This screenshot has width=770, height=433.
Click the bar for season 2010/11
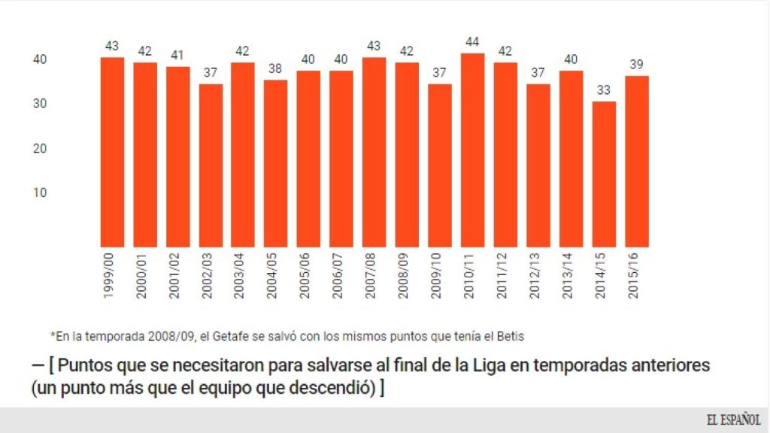(x=472, y=150)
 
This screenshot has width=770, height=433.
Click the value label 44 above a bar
(x=472, y=42)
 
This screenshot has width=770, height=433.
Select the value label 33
(x=604, y=90)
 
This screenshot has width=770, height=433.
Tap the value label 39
(x=636, y=65)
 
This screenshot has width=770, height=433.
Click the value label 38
(x=275, y=68)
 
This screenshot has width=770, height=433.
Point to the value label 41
(x=177, y=55)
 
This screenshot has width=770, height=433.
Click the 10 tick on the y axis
(x=40, y=192)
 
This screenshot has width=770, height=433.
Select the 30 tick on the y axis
(x=40, y=104)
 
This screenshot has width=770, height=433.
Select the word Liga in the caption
(x=479, y=367)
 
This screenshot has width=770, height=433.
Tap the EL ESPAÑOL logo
(x=732, y=419)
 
